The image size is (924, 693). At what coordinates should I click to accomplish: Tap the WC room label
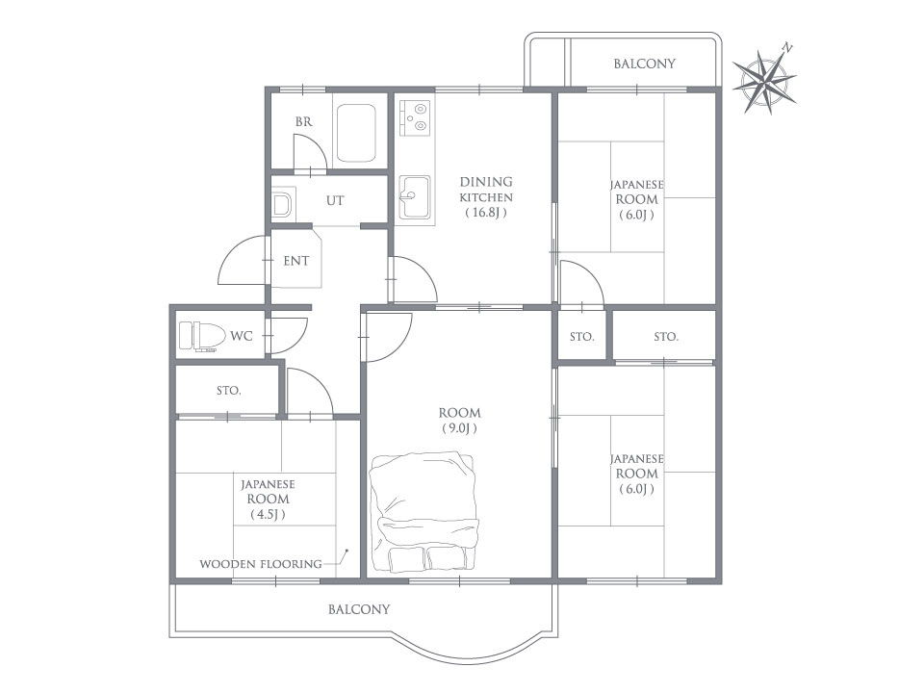[241, 336]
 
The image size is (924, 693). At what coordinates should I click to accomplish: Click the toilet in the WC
[202, 337]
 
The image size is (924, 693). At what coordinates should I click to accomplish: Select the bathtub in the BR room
[355, 134]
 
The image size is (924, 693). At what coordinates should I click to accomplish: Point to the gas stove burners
[415, 116]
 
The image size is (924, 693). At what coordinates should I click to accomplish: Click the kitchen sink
[415, 196]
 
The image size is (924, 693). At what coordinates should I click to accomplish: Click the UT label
[335, 200]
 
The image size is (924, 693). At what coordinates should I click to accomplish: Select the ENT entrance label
[295, 261]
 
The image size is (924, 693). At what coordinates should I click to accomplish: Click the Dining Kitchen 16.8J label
[486, 196]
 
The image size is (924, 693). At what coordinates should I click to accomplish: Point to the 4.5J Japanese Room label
[269, 500]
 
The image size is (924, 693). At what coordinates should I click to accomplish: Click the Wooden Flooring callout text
[261, 564]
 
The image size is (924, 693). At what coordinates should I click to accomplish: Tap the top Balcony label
[644, 64]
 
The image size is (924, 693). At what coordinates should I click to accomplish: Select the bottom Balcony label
[359, 608]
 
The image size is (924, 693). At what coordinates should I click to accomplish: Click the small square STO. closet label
[582, 337]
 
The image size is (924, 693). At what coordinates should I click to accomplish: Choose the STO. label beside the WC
[229, 390]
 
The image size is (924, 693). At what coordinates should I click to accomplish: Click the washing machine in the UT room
[282, 204]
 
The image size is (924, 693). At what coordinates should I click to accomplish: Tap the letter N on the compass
[787, 47]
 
